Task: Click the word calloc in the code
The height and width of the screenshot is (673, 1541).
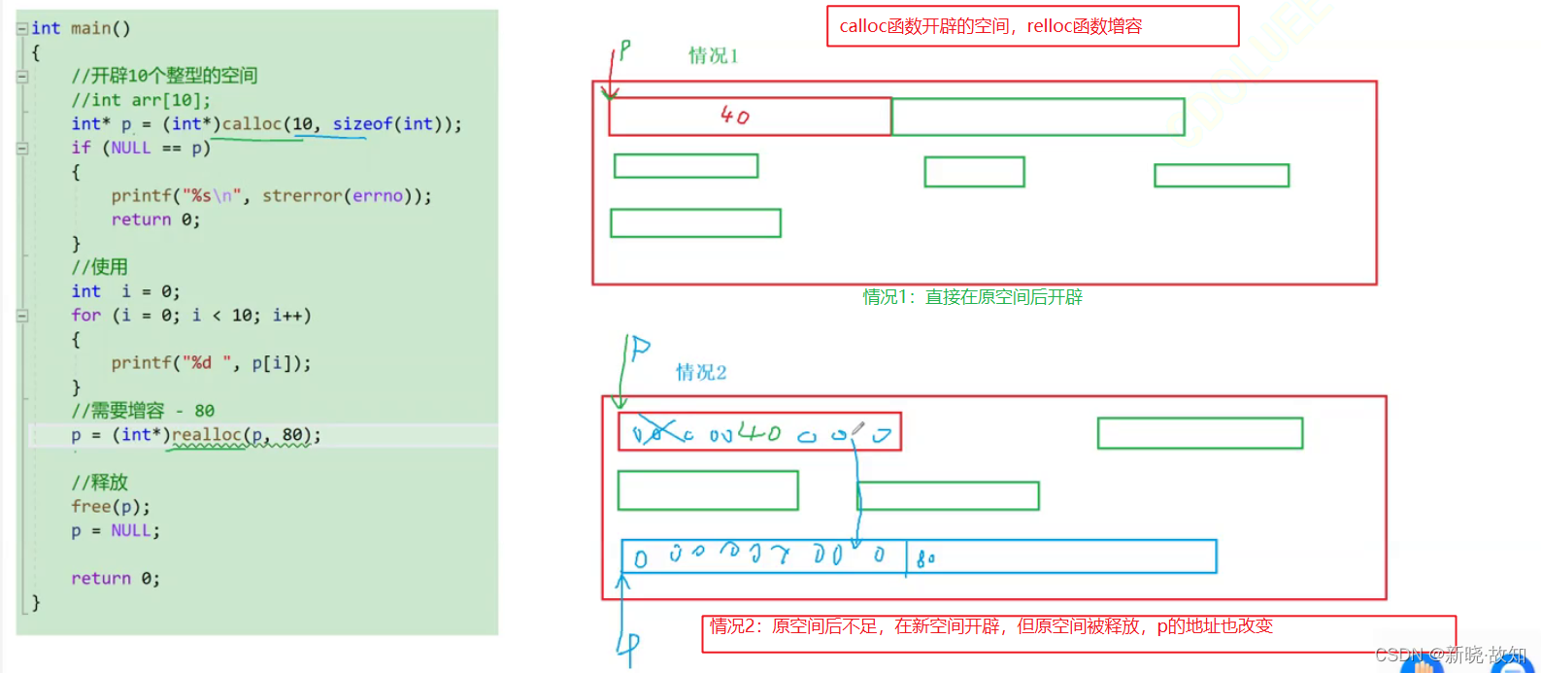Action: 251,124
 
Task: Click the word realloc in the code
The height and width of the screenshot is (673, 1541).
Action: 206,435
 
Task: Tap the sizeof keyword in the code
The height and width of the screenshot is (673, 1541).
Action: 362,124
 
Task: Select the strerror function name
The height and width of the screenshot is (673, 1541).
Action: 302,196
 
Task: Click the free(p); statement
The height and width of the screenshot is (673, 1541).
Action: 111,507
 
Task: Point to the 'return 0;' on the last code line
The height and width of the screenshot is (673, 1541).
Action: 115,579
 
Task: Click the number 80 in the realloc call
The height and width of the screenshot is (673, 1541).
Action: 292,435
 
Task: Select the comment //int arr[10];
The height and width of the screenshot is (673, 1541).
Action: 141,100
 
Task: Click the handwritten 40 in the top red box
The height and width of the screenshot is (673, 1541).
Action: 735,116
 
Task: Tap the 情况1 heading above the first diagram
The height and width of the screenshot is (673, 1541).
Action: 713,56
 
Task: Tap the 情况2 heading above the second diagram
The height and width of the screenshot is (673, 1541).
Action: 701,373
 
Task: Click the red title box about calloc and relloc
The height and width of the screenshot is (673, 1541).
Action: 1032,26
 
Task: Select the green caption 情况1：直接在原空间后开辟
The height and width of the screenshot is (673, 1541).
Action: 972,297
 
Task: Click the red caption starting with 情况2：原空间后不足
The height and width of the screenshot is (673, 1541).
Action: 990,627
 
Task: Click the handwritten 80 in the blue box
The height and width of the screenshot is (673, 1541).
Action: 925,558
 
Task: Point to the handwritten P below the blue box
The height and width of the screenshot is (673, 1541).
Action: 630,644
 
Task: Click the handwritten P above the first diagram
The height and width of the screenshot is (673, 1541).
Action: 625,50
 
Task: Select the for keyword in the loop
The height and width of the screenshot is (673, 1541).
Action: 85,316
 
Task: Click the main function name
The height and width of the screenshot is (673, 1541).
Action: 91,28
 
